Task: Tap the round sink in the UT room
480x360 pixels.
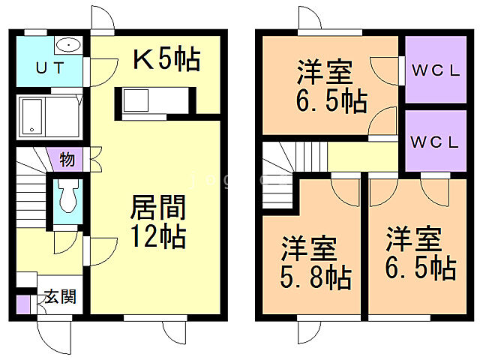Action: (68, 44)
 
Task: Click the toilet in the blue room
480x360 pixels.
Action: (66, 196)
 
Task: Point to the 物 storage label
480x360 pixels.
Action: (67, 160)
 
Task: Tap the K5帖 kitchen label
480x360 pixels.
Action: (166, 59)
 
